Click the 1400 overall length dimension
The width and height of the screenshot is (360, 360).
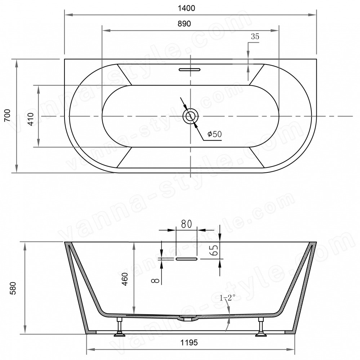click(x=186, y=8)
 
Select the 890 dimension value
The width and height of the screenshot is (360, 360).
click(x=185, y=23)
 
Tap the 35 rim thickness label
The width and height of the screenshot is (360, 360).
click(x=255, y=36)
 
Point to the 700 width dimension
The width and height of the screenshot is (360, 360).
click(x=7, y=116)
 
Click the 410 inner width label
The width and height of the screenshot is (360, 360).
click(x=31, y=119)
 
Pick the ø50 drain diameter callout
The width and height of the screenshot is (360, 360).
click(x=214, y=134)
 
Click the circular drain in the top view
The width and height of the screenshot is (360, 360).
click(x=190, y=116)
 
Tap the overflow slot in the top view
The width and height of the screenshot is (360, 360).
click(x=190, y=69)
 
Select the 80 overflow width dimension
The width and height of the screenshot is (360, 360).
click(x=186, y=224)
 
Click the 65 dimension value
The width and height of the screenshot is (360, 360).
click(x=214, y=250)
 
